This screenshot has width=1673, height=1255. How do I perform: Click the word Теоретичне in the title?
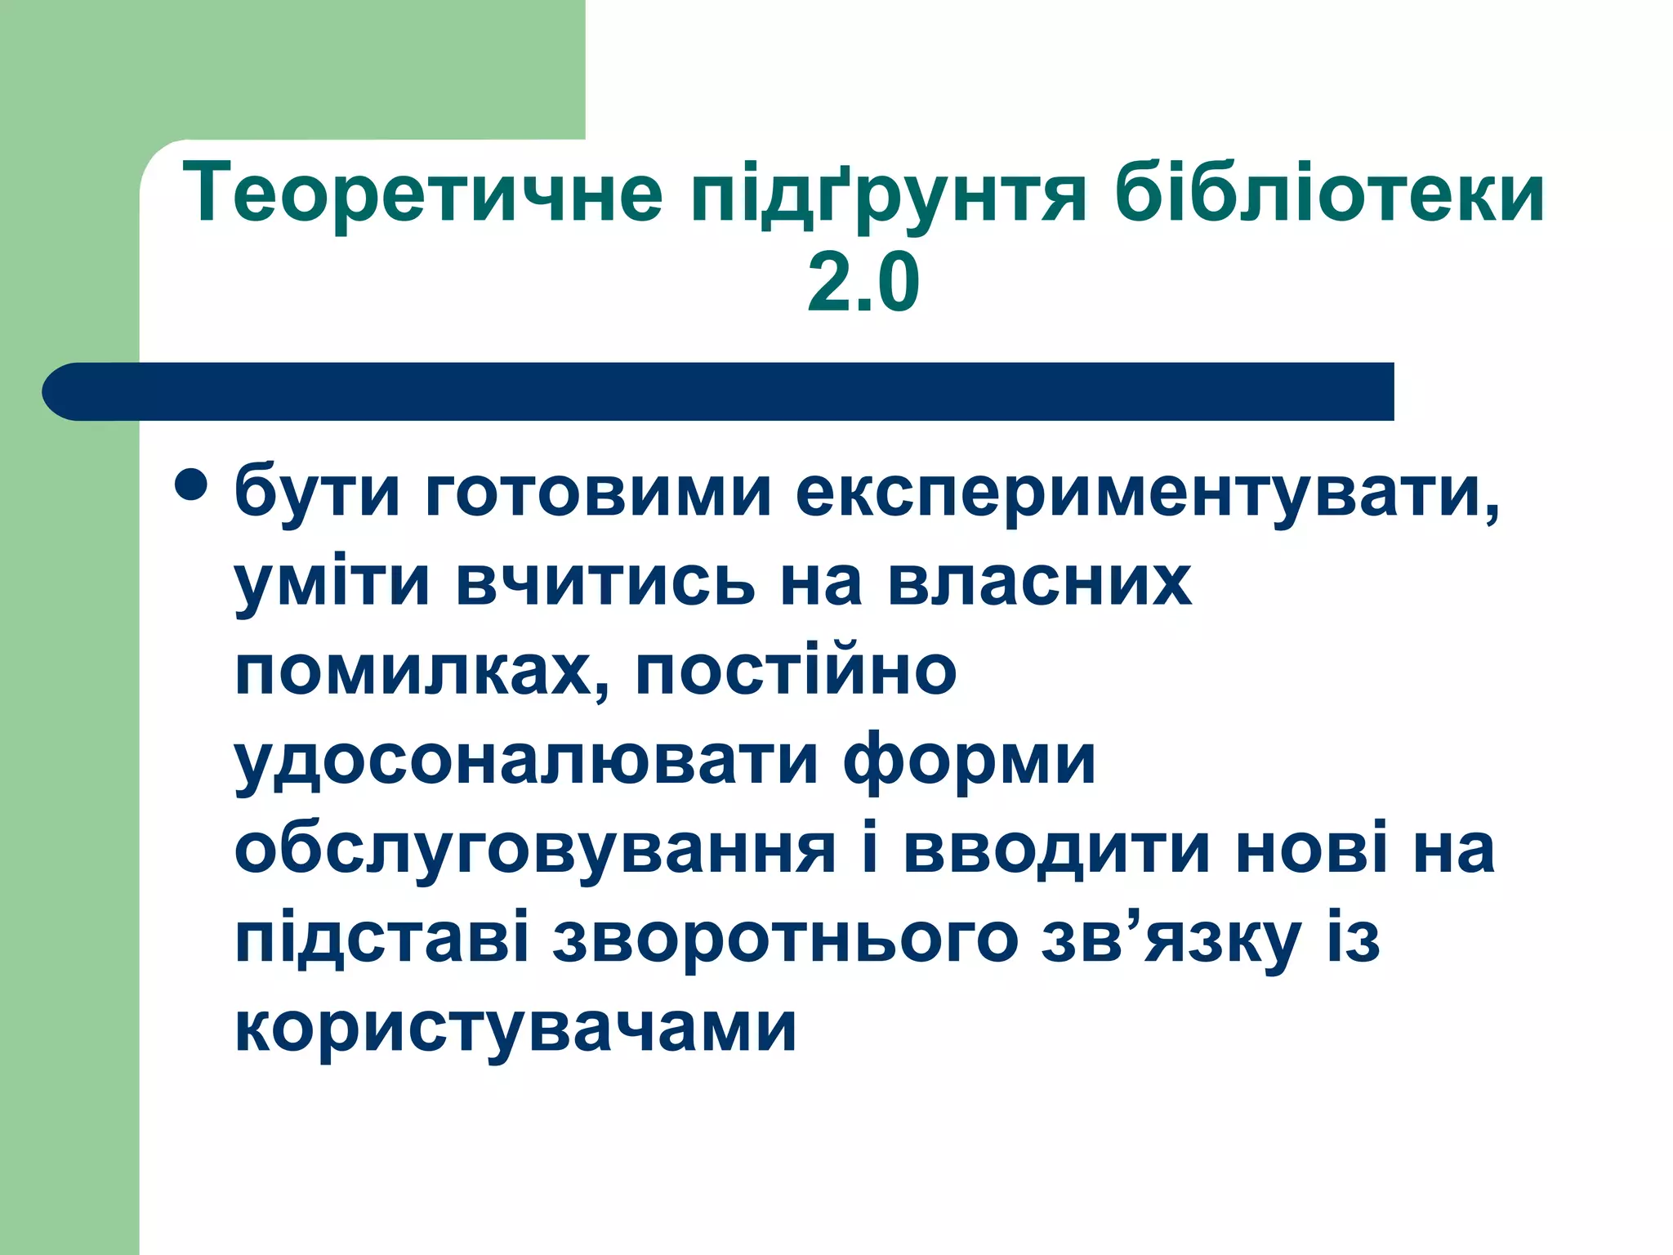click(x=422, y=194)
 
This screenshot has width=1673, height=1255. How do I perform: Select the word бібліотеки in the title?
click(x=1329, y=194)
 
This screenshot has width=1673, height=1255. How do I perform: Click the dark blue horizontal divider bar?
click(x=719, y=391)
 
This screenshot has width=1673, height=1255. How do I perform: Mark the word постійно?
click(x=796, y=672)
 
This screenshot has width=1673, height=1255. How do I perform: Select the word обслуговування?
click(x=535, y=850)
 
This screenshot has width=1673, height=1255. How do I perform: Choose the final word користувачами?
click(x=515, y=1028)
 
